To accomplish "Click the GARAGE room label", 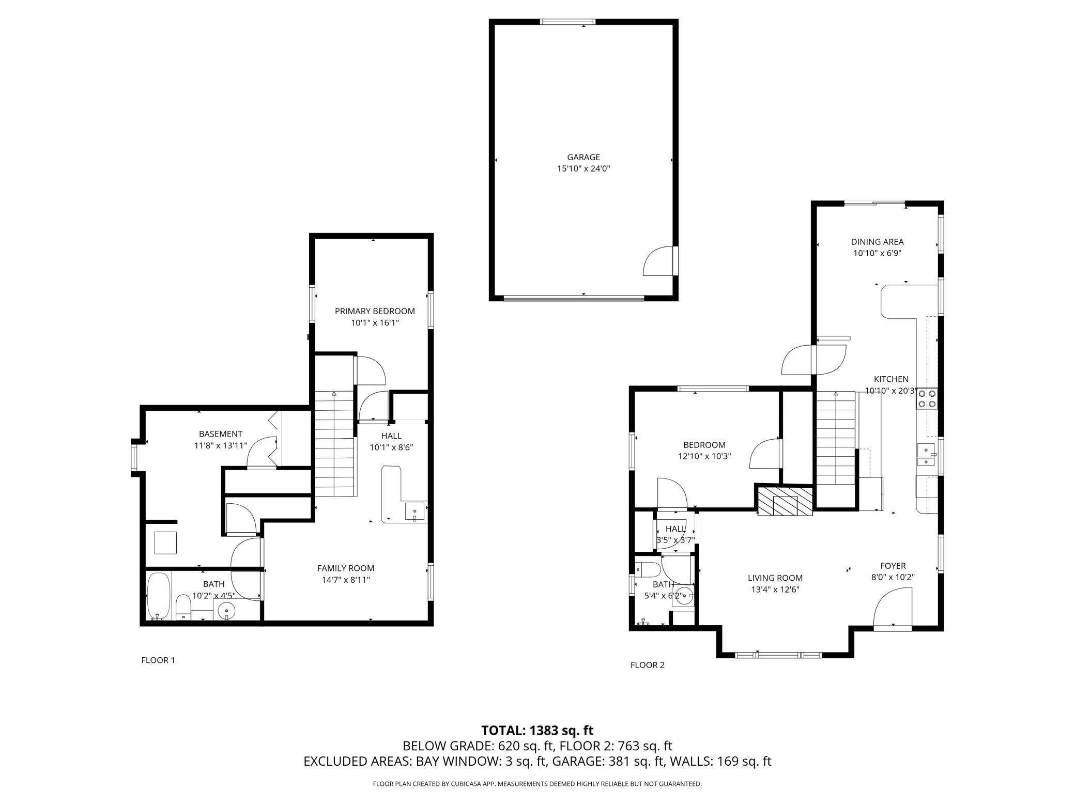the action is point(583,157).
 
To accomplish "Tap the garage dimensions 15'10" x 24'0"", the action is point(583,168).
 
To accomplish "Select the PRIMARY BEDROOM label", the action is point(375,311).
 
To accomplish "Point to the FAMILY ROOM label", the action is point(346,568).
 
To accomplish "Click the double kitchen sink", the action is point(927,455).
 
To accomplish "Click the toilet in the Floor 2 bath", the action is point(648,570).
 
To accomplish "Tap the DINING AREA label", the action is point(877,242).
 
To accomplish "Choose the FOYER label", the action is point(893,566).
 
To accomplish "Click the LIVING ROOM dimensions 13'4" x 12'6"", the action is point(775,590).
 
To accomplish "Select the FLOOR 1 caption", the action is point(158,660).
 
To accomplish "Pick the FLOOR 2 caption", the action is point(647,665).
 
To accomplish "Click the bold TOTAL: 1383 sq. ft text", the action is point(537,731).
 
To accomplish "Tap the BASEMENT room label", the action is point(221,434).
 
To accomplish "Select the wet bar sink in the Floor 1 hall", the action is point(415,512).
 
